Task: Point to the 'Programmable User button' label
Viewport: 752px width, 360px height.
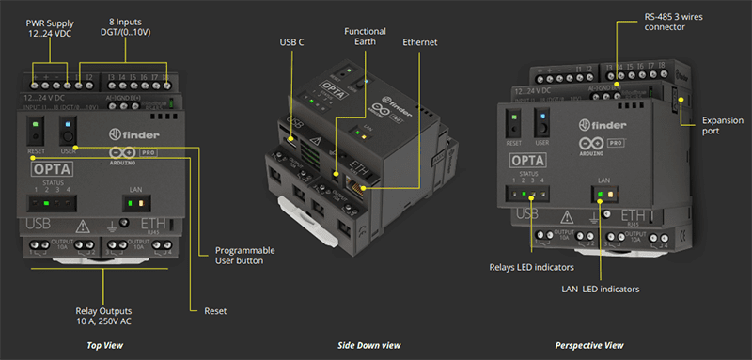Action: (245, 256)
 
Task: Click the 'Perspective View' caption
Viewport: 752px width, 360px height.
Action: (589, 346)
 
